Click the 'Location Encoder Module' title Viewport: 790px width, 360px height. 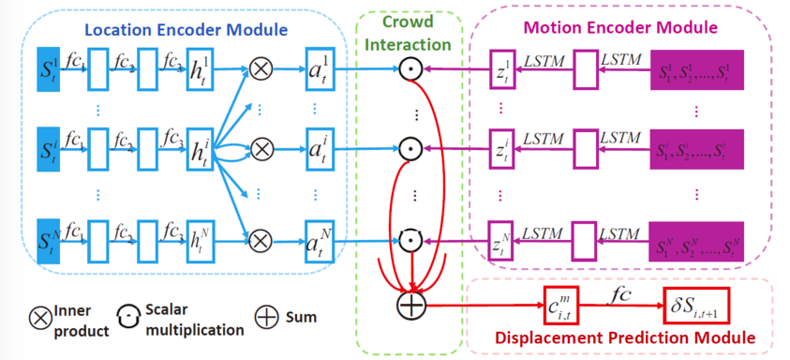pos(186,30)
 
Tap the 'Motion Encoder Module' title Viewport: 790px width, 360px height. pos(620,27)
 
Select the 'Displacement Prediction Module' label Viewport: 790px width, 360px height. pos(625,337)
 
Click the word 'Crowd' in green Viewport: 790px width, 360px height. pos(408,22)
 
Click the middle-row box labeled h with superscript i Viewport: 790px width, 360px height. pos(200,149)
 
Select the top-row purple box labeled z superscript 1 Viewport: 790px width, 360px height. pos(503,69)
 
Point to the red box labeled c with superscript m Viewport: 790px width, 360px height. pos(561,306)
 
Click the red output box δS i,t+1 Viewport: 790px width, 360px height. pos(697,306)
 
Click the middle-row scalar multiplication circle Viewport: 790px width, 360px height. pos(411,149)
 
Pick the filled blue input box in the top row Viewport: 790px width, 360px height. pos(48,69)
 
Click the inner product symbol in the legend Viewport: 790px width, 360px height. pos(41,318)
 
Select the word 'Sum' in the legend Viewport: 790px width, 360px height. pos(301,317)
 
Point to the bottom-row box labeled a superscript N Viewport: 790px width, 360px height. pos(320,241)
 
